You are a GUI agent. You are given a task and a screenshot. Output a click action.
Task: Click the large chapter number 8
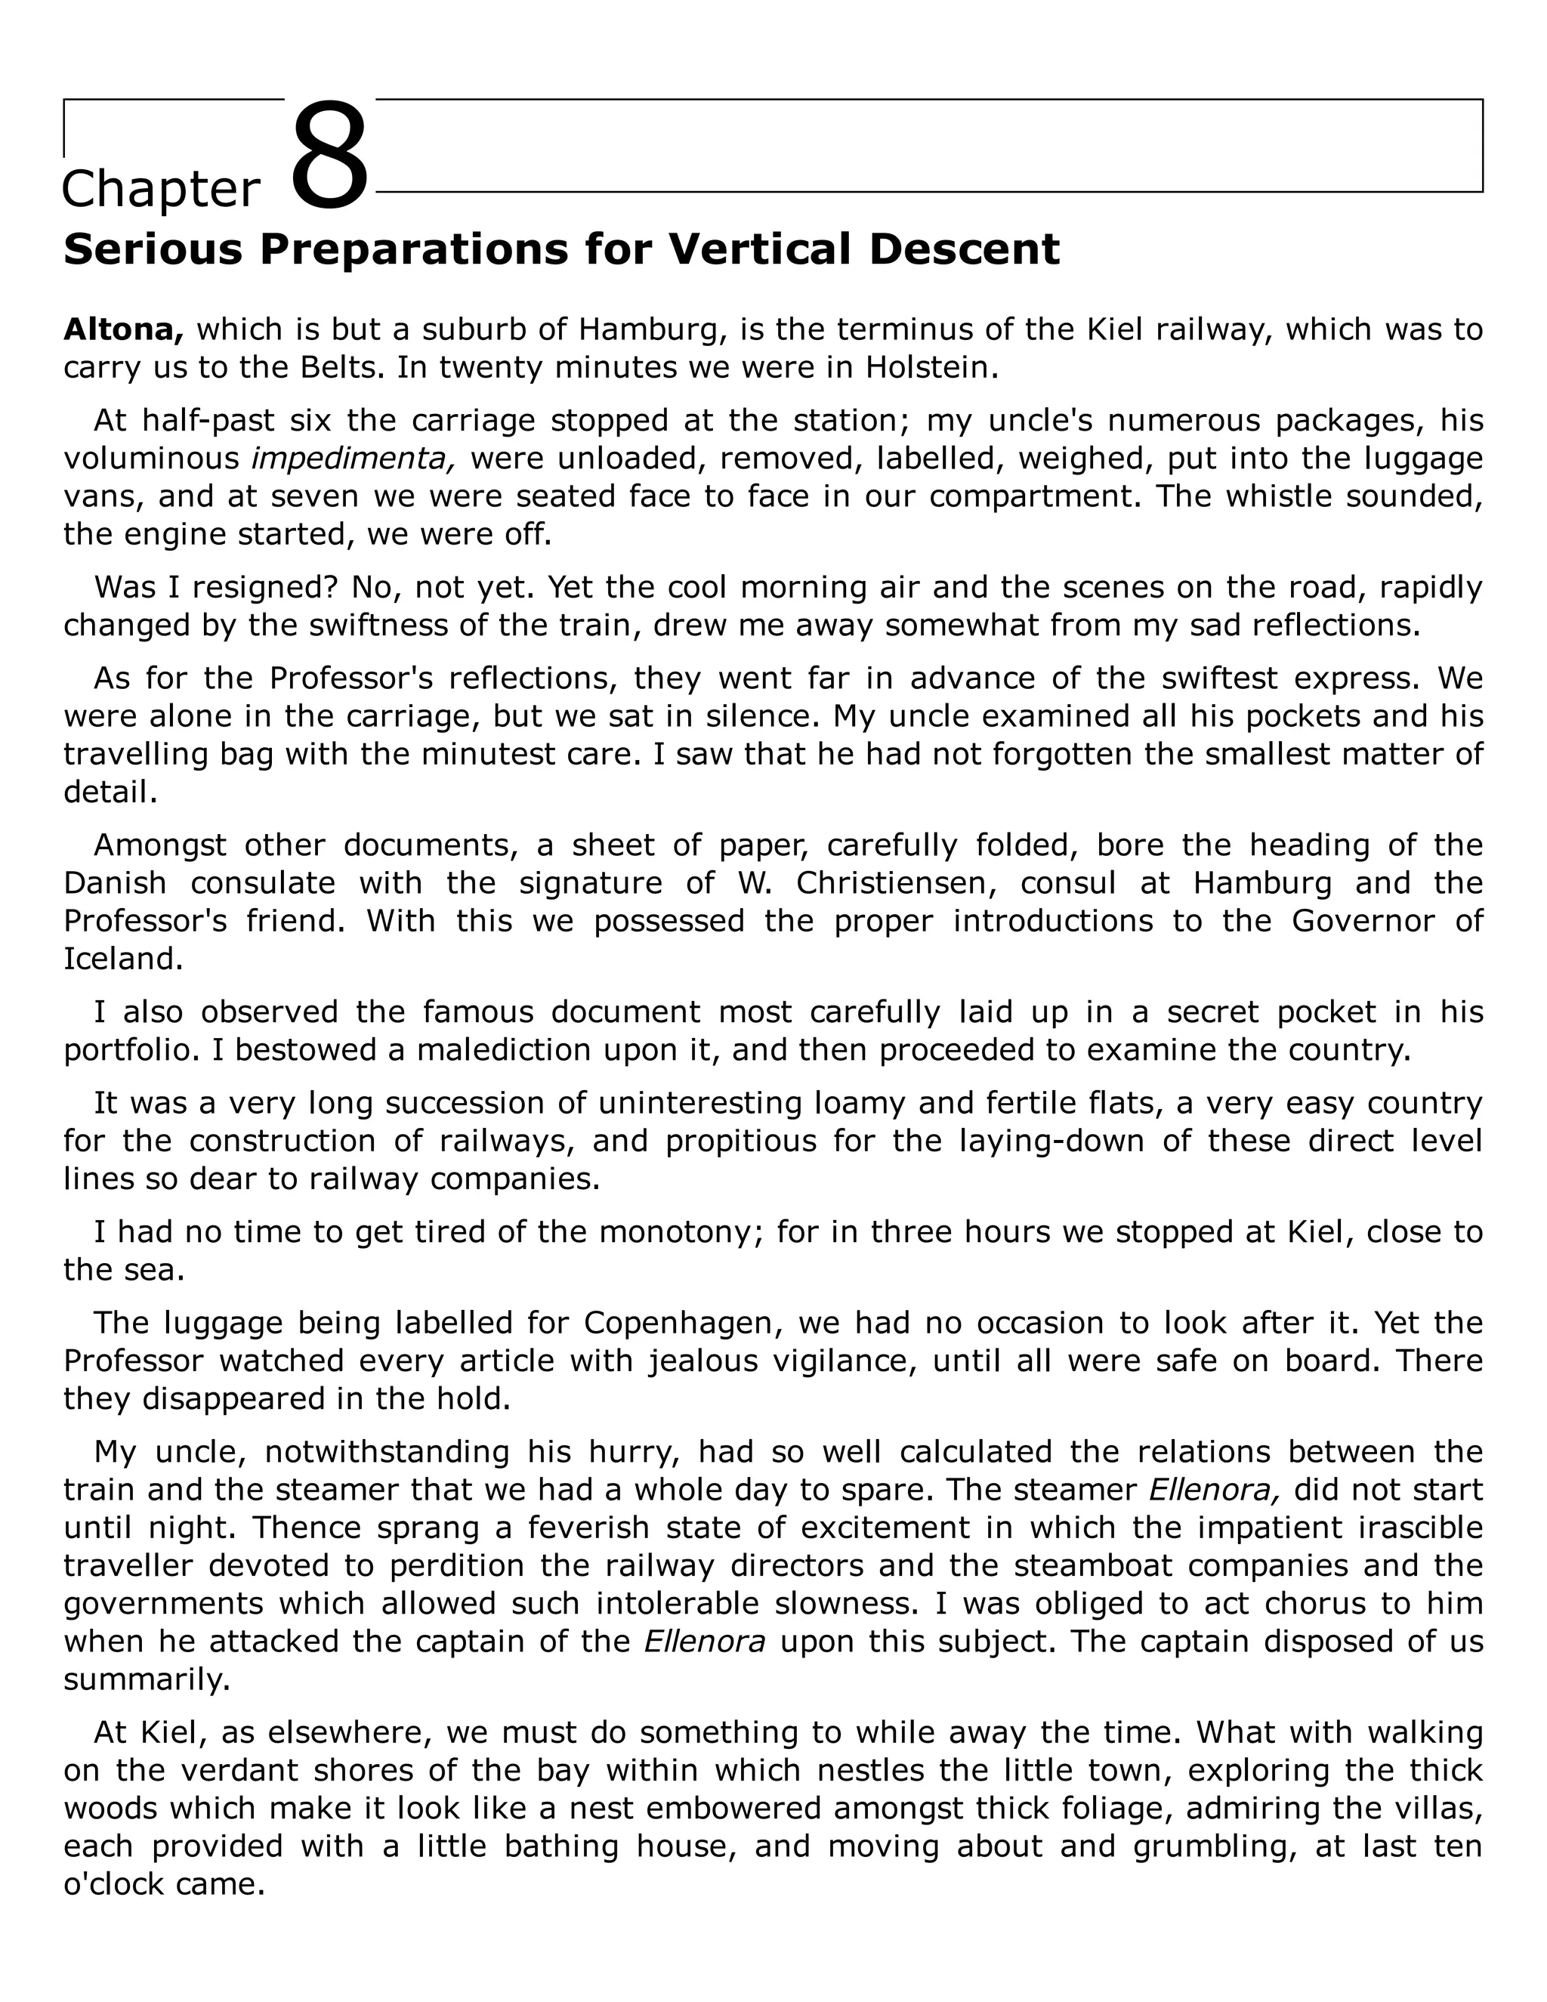[329, 158]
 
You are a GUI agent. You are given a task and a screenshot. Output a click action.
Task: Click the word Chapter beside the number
[162, 190]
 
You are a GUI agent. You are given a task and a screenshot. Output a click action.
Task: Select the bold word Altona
[124, 329]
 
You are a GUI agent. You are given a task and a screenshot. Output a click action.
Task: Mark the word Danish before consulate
[116, 882]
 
